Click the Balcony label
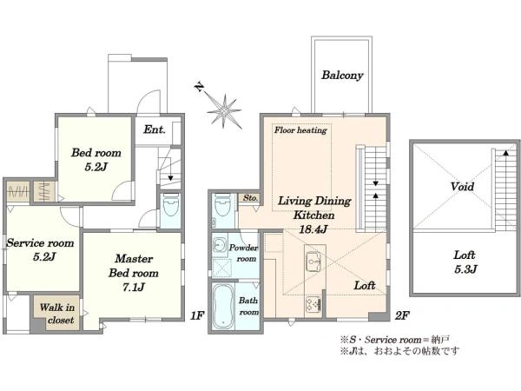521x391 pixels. pyautogui.click(x=342, y=76)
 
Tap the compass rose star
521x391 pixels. pyautogui.click(x=224, y=112)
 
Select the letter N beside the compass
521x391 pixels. pyautogui.click(x=200, y=88)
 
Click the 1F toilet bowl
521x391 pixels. pyautogui.click(x=171, y=205)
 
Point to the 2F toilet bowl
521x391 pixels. pyautogui.click(x=223, y=205)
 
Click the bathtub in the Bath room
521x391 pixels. pyautogui.click(x=222, y=306)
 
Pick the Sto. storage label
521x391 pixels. pyautogui.click(x=250, y=198)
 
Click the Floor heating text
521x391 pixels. pyautogui.click(x=300, y=130)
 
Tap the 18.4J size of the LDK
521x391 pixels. pyautogui.click(x=313, y=229)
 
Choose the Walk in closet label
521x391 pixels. pyautogui.click(x=57, y=314)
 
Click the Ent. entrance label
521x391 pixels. pyautogui.click(x=155, y=129)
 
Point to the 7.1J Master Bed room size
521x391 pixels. pyautogui.click(x=134, y=287)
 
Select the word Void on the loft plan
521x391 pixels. pyautogui.click(x=462, y=186)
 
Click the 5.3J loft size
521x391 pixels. pyautogui.click(x=465, y=269)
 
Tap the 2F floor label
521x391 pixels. pyautogui.click(x=402, y=315)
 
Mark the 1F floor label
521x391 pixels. pyautogui.click(x=197, y=315)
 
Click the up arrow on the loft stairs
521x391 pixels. pyautogui.click(x=505, y=153)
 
